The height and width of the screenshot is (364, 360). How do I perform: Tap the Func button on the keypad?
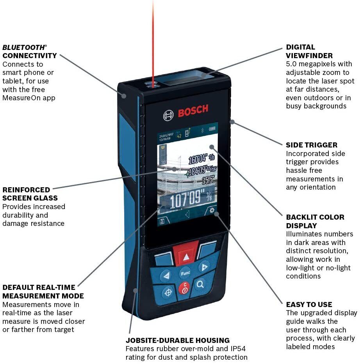pyautogui.click(x=185, y=273)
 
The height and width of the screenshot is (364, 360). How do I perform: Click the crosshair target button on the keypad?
pyautogui.click(x=168, y=291)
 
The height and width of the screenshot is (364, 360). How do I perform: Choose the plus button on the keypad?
pyautogui.click(x=203, y=267)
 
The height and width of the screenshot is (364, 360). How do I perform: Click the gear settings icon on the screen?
pyautogui.click(x=212, y=211)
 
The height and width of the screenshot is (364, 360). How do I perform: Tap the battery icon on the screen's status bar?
pyautogui.click(x=212, y=128)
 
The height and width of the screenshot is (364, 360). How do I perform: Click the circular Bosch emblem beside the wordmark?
pyautogui.click(x=169, y=115)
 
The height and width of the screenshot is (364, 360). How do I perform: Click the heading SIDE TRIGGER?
pyautogui.click(x=312, y=145)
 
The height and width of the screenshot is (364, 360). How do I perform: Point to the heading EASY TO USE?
pyautogui.click(x=309, y=304)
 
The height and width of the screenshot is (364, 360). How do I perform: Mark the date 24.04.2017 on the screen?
pyautogui.click(x=166, y=134)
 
